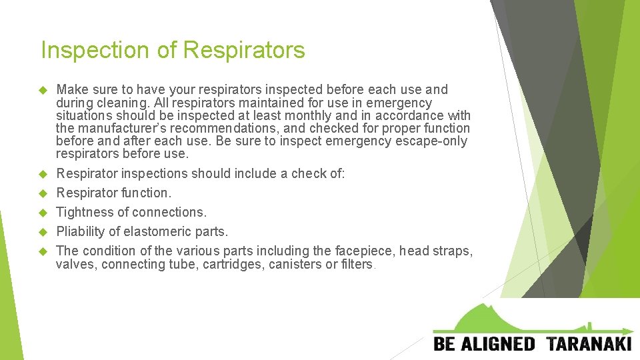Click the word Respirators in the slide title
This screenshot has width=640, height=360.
pos(244,51)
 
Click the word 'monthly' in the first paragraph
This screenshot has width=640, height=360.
pos(331,115)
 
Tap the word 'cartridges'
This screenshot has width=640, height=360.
pos(234,264)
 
